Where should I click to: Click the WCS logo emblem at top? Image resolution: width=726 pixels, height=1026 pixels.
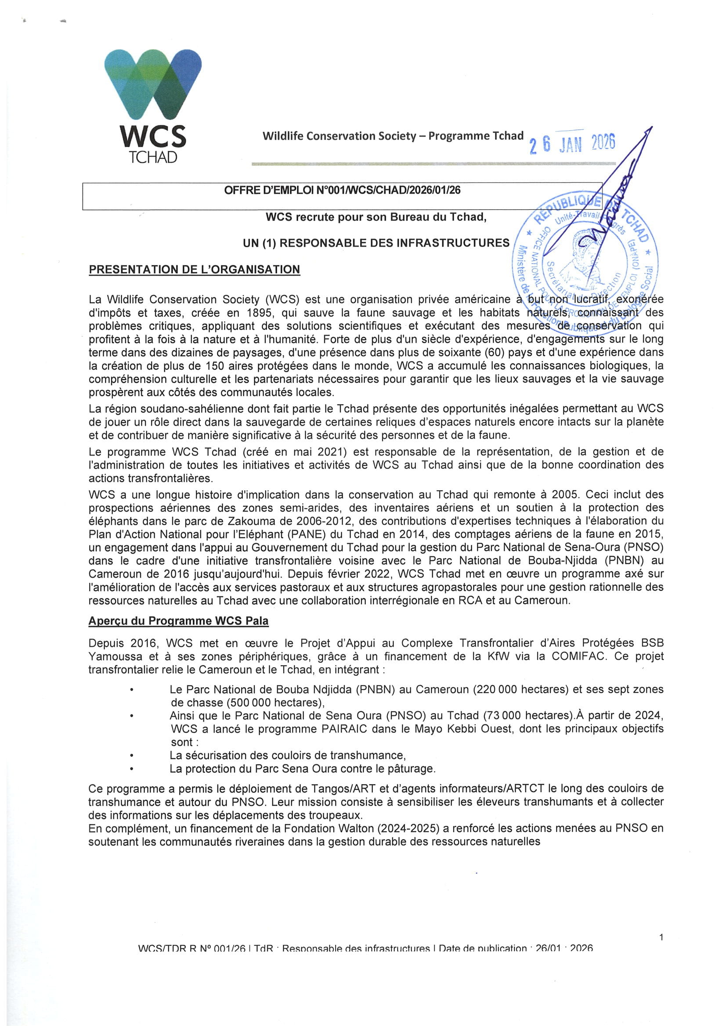[x=153, y=84]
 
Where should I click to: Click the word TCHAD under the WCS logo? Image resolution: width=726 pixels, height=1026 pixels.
[x=153, y=157]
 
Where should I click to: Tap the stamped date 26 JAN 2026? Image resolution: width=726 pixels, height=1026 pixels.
[x=572, y=143]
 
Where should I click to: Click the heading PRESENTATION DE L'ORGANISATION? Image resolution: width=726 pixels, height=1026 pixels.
[x=194, y=269]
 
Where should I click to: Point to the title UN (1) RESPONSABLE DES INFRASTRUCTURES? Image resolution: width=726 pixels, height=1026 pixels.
[x=376, y=243]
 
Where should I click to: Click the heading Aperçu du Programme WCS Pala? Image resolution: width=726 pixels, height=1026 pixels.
[x=178, y=621]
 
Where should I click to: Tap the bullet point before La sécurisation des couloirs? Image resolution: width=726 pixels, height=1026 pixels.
[x=131, y=756]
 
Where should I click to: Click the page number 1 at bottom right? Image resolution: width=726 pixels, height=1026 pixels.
[x=661, y=937]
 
